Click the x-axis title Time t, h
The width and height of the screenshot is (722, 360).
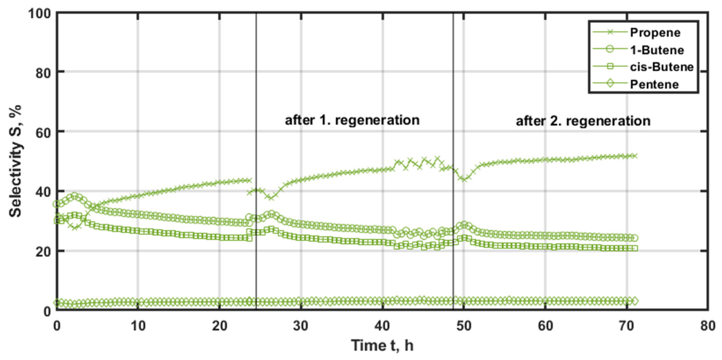coord(382,345)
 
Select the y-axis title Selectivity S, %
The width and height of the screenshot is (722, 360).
coord(15,161)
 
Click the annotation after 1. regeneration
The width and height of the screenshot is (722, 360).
coord(352,120)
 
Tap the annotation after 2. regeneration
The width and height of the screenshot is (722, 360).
coord(583,121)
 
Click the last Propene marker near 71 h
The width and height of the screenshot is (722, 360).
coord(635,156)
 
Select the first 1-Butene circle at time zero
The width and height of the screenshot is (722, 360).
coord(57,204)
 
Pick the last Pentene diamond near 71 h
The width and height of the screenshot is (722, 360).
coord(635,301)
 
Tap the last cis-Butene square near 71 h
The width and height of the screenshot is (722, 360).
coord(635,248)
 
